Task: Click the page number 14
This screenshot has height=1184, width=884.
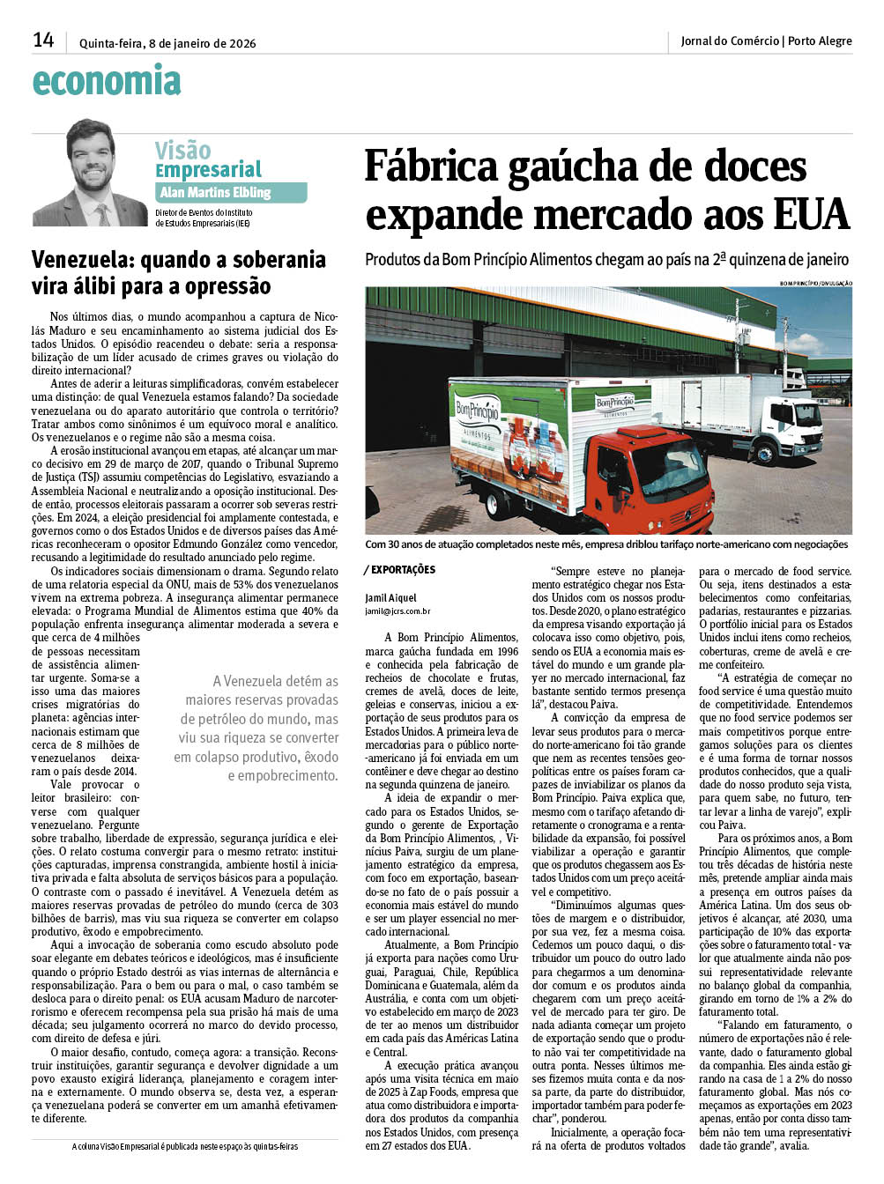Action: coord(43,40)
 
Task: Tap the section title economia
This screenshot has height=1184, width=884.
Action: coord(107,81)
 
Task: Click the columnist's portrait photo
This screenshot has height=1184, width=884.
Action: coord(90,173)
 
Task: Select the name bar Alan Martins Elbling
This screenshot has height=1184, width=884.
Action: coord(216,192)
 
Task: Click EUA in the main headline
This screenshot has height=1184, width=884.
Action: coord(812,214)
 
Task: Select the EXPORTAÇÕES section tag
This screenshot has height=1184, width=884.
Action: coord(403,570)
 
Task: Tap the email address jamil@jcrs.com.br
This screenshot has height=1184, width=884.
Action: coord(397,610)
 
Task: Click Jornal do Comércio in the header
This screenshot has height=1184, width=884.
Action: coord(729,41)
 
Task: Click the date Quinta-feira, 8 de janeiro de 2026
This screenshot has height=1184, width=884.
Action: coord(167,43)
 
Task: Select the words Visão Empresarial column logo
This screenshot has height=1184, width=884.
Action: coord(208,159)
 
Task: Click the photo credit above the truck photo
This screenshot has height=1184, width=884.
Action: coord(815,283)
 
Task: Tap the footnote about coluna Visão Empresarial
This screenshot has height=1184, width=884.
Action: coord(185,1146)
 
